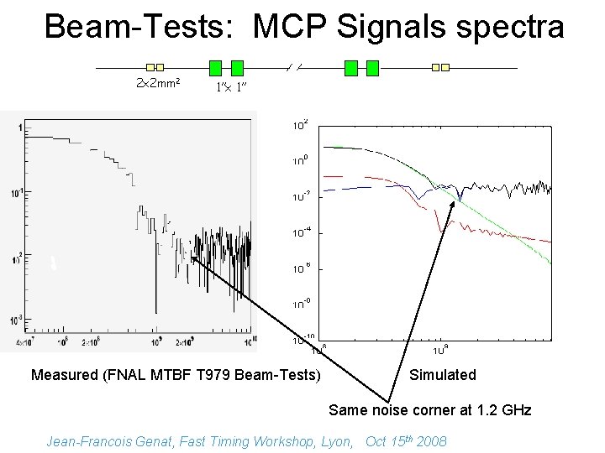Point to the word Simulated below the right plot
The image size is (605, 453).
pyautogui.click(x=442, y=375)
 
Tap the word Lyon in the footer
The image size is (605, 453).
pyautogui.click(x=339, y=441)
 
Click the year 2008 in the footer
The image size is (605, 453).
pyautogui.click(x=431, y=441)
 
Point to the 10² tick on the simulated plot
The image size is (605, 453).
pyautogui.click(x=300, y=125)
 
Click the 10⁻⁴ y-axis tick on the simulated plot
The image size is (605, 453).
pyautogui.click(x=301, y=232)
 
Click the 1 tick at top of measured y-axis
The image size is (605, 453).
pyautogui.click(x=18, y=128)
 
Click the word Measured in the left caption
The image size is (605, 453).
pyautogui.click(x=64, y=375)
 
